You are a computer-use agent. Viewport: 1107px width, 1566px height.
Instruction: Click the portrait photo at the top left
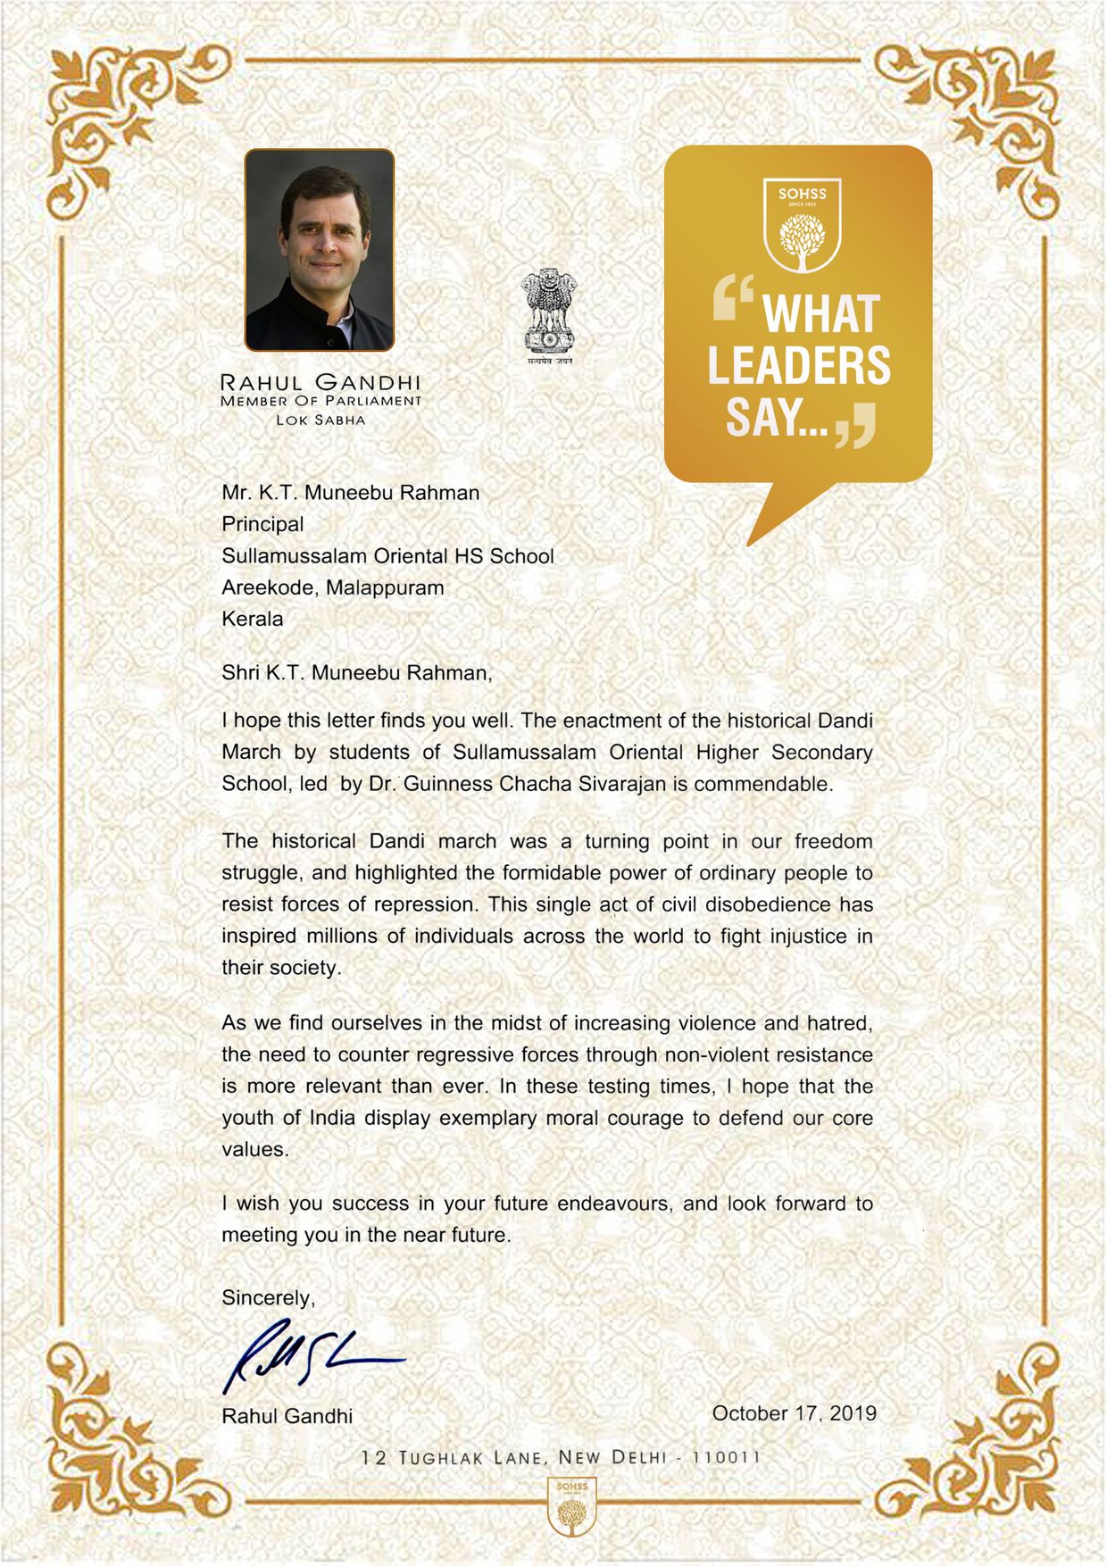pyautogui.click(x=320, y=249)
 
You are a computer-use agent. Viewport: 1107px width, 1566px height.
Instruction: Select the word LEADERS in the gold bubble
pyautogui.click(x=799, y=365)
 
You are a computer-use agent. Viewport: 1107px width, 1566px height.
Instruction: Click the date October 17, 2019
pyautogui.click(x=794, y=1413)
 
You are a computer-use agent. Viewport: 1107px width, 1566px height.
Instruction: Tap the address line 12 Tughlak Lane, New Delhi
pyautogui.click(x=561, y=1458)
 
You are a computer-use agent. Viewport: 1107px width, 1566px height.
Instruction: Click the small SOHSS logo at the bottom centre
pyautogui.click(x=572, y=1506)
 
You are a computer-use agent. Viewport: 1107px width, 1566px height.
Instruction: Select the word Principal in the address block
pyautogui.click(x=262, y=524)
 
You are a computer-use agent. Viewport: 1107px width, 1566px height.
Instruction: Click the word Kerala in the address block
pyautogui.click(x=253, y=619)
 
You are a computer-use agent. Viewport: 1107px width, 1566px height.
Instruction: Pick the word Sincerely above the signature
pyautogui.click(x=268, y=1298)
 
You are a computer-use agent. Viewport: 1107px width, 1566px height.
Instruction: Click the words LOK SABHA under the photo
pyautogui.click(x=320, y=421)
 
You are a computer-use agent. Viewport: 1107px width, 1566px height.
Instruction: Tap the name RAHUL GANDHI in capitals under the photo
pyautogui.click(x=320, y=382)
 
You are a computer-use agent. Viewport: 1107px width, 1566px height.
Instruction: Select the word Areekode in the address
pyautogui.click(x=270, y=587)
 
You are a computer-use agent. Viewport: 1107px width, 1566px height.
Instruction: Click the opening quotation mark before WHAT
pyautogui.click(x=734, y=297)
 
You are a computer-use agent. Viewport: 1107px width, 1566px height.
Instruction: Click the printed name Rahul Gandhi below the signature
pyautogui.click(x=287, y=1416)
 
